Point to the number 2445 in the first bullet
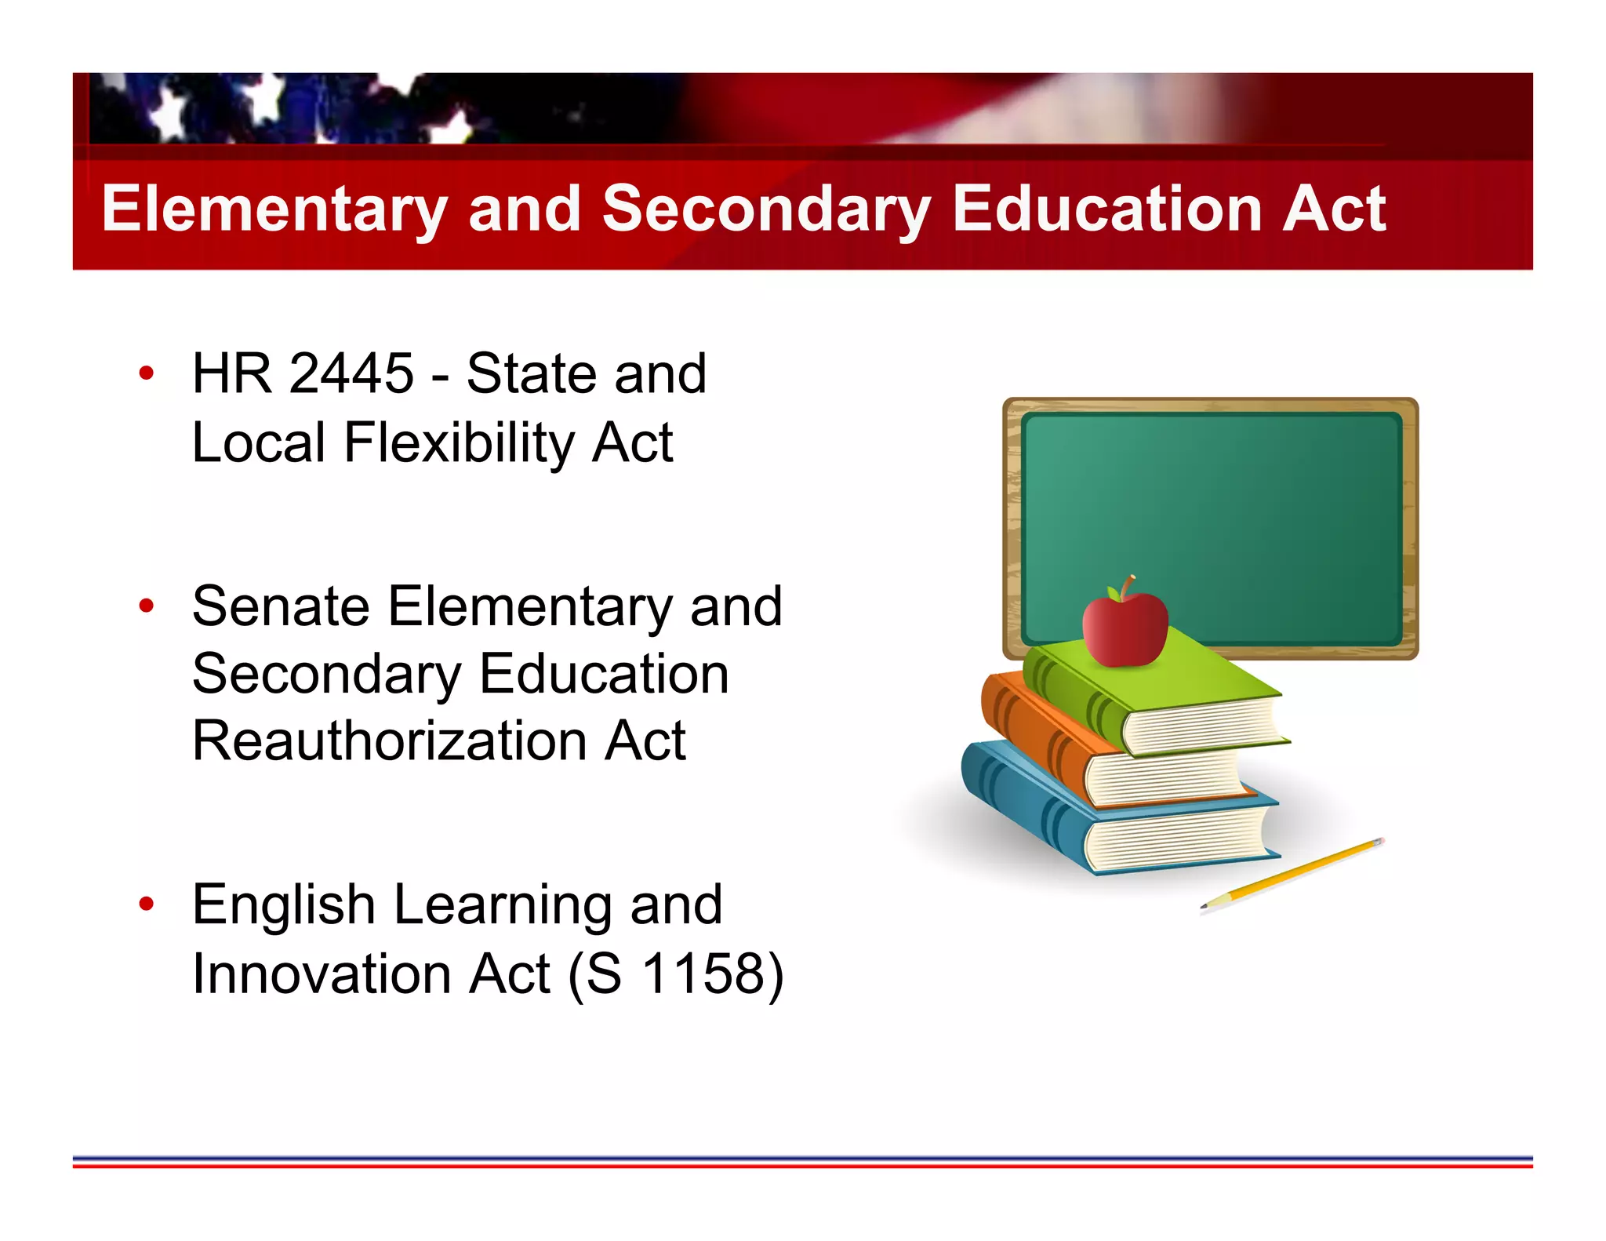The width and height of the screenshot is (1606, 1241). click(351, 373)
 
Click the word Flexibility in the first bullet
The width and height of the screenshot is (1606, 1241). click(460, 443)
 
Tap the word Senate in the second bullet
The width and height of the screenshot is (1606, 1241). click(281, 606)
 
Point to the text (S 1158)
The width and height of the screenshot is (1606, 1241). click(675, 974)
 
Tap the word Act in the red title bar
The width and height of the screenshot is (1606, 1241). click(1334, 209)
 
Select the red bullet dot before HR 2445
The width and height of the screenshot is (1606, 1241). click(147, 373)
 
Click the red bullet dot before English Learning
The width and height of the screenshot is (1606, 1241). click(147, 904)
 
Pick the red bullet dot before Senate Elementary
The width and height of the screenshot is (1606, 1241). click(147, 606)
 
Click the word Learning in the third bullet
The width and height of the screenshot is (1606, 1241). click(503, 906)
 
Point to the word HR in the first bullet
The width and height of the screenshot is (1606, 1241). click(232, 373)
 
